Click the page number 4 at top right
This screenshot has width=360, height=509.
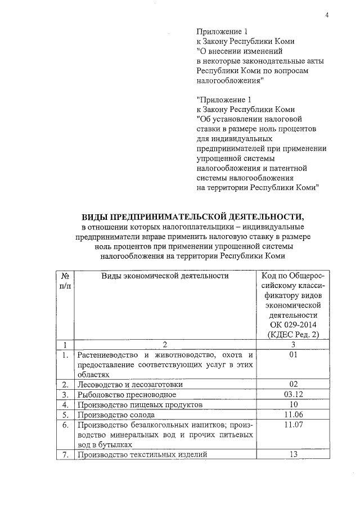(326, 15)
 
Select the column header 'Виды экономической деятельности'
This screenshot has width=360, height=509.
(165, 276)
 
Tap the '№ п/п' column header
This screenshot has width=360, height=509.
(66, 281)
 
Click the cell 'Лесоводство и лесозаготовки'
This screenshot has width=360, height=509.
(130, 384)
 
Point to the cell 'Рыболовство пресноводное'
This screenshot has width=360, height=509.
(124, 394)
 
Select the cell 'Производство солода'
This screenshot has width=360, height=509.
(112, 415)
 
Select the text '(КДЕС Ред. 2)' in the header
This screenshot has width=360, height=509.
(292, 336)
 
